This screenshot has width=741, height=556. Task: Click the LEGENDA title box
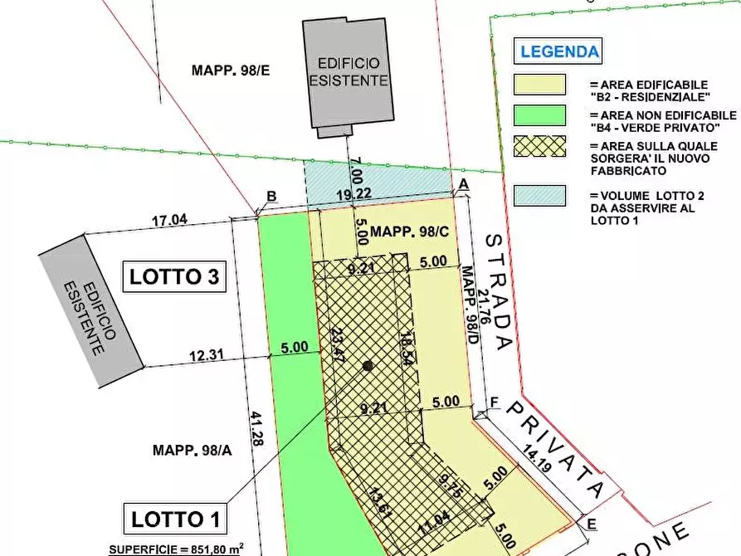559,51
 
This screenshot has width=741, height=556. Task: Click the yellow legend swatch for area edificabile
540,85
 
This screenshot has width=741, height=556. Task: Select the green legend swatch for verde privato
540,115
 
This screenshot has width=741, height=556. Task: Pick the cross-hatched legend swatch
540,146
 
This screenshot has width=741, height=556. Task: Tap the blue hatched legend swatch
540,195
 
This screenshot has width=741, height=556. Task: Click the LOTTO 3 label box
175,276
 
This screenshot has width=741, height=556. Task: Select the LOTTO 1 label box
175,519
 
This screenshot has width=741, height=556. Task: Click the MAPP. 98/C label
410,232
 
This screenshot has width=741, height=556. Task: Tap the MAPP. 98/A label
192,451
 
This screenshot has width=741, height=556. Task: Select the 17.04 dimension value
169,222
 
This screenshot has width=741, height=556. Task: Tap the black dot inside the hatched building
368,365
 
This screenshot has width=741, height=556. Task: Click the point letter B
271,197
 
